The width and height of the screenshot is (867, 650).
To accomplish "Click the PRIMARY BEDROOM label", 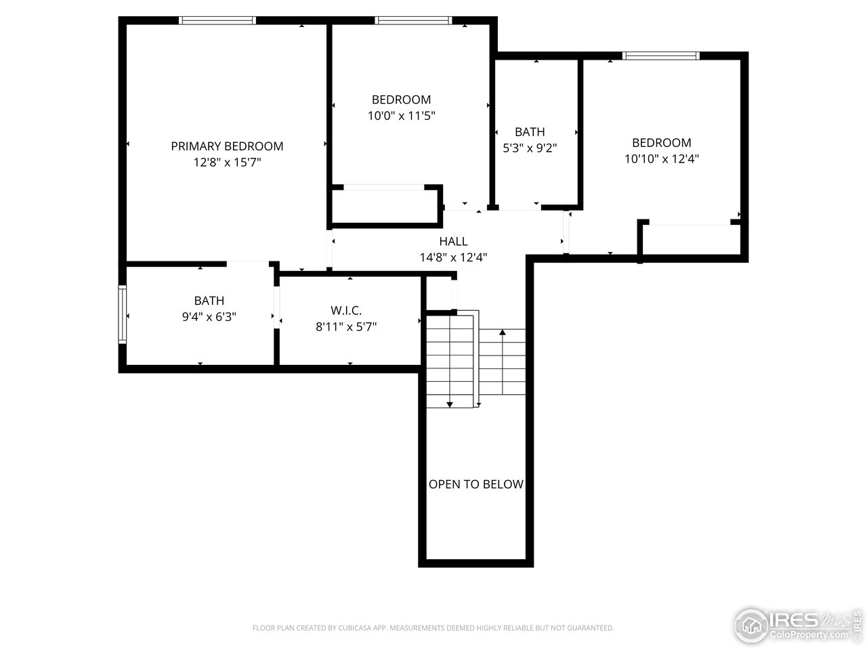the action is click(227, 146).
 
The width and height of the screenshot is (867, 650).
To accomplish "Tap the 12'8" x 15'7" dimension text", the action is click(227, 162).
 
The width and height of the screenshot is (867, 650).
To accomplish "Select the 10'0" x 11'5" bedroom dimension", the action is click(401, 116).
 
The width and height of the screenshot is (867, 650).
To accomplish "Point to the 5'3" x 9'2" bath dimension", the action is click(530, 148).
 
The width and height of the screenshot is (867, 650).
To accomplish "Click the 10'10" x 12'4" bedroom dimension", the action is click(662, 159).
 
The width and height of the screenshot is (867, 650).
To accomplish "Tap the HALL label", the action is click(453, 241).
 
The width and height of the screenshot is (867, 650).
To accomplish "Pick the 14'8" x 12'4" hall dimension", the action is click(453, 258).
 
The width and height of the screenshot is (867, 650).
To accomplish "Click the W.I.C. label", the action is click(346, 311).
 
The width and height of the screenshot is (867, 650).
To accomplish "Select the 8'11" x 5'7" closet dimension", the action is click(346, 327).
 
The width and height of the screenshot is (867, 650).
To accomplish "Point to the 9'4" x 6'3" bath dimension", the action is click(209, 317).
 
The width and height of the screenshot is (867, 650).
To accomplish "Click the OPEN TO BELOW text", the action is click(476, 484).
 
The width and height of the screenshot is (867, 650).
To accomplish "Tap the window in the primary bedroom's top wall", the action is click(217, 20).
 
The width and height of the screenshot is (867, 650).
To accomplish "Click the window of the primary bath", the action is click(123, 315).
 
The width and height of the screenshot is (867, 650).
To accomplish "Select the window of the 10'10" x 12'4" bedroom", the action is click(661, 56).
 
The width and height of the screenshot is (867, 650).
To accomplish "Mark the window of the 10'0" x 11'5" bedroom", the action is click(413, 20).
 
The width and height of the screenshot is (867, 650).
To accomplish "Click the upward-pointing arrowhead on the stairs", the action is click(503, 332).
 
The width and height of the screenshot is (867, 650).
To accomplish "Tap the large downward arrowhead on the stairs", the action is click(450, 404).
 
